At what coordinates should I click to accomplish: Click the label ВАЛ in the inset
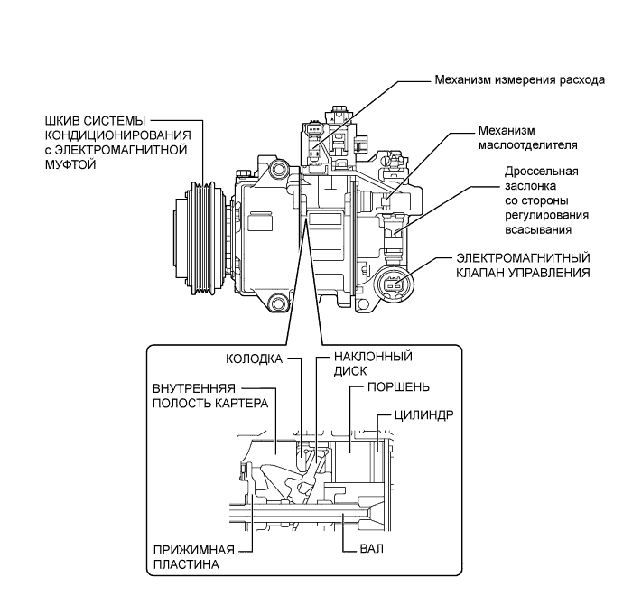(371, 549)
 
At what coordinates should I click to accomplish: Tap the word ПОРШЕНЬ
(398, 387)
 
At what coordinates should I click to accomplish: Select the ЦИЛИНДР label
(424, 415)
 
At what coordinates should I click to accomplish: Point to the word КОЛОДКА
(254, 359)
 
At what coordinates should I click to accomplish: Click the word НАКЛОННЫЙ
(373, 356)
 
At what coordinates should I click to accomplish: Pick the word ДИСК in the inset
(350, 371)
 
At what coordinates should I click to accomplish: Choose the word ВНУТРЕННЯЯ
(194, 388)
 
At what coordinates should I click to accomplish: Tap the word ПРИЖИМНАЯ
(194, 550)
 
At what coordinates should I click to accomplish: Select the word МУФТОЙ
(70, 164)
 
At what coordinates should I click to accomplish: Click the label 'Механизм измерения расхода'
(520, 79)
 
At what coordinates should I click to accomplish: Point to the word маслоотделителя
(527, 145)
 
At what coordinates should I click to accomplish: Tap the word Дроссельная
(542, 172)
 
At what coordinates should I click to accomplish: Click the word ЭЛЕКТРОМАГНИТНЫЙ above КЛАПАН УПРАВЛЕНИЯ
(523, 258)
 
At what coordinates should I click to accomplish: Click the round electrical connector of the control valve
(394, 284)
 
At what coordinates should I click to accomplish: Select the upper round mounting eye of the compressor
(277, 170)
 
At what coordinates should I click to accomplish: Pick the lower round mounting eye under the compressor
(277, 303)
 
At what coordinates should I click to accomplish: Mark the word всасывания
(538, 229)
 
